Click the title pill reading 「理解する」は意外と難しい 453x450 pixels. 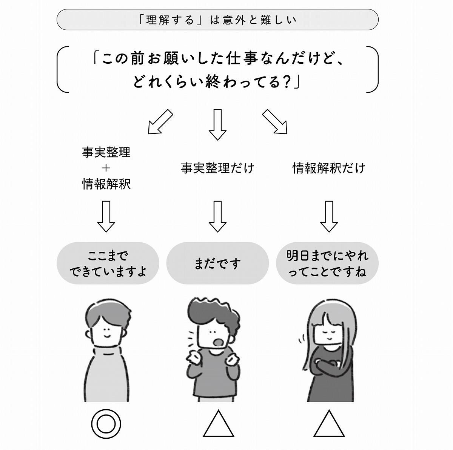tap(217, 20)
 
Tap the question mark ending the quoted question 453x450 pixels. tap(287, 82)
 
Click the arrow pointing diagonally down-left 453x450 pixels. tap(160, 122)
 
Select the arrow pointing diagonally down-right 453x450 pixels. tap(274, 122)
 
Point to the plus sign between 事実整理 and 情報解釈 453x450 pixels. tap(106, 168)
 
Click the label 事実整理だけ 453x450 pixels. tap(217, 168)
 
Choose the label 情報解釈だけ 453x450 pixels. tap(329, 168)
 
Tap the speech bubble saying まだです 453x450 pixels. tap(217, 263)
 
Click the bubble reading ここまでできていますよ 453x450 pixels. tap(108, 263)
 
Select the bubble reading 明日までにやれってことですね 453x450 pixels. tap(327, 263)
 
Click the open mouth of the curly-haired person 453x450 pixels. tap(218, 342)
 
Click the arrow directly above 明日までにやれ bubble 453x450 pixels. tap(329, 216)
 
